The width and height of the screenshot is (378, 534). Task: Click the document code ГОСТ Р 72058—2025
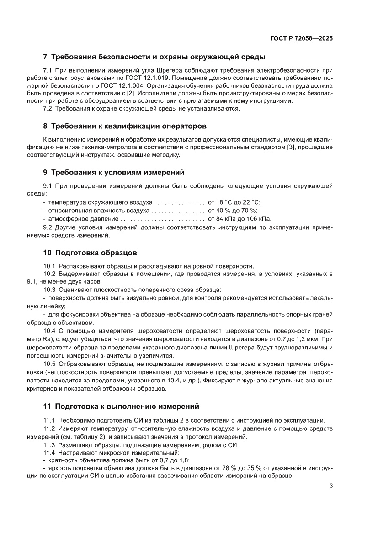[x=300, y=39]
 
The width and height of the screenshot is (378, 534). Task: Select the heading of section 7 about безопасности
[x=154, y=58]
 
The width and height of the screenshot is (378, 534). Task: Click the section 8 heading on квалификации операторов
[x=125, y=126]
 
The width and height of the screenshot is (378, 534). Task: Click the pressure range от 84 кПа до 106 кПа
[x=240, y=218]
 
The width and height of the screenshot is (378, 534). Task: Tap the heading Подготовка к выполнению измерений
[x=121, y=406]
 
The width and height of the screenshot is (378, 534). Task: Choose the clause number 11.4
[x=49, y=452]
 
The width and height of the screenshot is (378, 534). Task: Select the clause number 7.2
[x=48, y=108]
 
